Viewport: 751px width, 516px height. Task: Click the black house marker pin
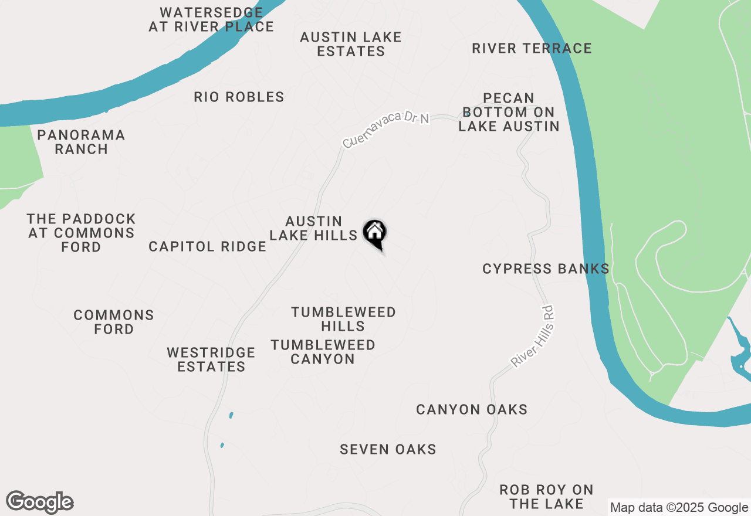pyautogui.click(x=374, y=233)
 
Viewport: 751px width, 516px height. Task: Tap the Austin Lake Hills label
pyautogui.click(x=313, y=228)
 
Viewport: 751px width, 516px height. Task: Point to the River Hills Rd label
pyautogui.click(x=533, y=335)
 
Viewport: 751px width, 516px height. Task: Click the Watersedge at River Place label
pyautogui.click(x=211, y=19)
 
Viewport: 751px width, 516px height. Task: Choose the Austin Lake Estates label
pyautogui.click(x=351, y=44)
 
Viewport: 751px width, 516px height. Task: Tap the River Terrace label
pyautogui.click(x=532, y=48)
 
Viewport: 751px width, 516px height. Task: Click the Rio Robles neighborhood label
pyautogui.click(x=239, y=97)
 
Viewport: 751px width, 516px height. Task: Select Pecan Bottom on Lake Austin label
pyautogui.click(x=509, y=112)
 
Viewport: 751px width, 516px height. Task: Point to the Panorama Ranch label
pyautogui.click(x=81, y=142)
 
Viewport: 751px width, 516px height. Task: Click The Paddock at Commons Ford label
pyautogui.click(x=81, y=233)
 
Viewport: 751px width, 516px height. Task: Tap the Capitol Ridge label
pyautogui.click(x=208, y=246)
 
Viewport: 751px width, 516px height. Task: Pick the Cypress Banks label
pyautogui.click(x=546, y=269)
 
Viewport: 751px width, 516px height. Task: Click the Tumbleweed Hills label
pyautogui.click(x=343, y=319)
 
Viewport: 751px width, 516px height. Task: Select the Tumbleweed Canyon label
pyautogui.click(x=323, y=352)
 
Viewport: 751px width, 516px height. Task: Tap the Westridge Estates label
pyautogui.click(x=211, y=359)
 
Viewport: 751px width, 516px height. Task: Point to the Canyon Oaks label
pyautogui.click(x=472, y=409)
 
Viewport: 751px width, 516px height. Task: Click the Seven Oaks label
pyautogui.click(x=388, y=449)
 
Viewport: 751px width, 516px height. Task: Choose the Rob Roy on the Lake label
pyautogui.click(x=546, y=496)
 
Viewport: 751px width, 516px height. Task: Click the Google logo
pyautogui.click(x=40, y=503)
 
